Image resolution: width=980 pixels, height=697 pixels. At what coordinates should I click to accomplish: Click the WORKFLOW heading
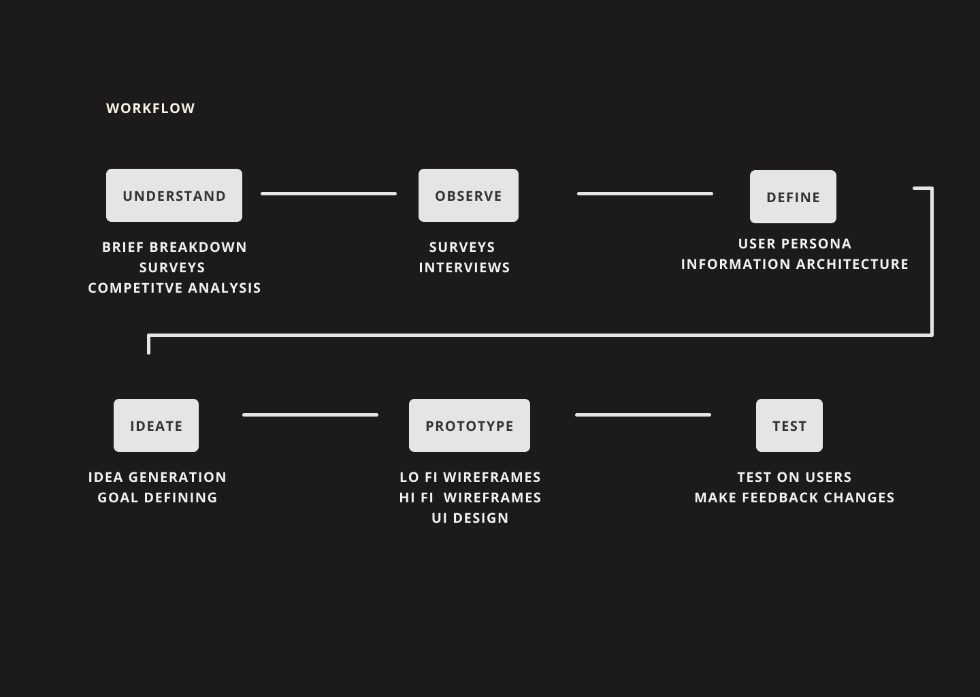point(150,108)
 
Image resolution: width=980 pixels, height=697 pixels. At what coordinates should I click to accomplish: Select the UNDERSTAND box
point(174,195)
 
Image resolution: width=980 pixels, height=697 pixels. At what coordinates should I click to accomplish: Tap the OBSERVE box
point(468,195)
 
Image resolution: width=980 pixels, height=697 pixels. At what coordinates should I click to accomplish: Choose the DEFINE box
point(793,197)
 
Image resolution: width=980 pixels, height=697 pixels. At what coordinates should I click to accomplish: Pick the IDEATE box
point(156,425)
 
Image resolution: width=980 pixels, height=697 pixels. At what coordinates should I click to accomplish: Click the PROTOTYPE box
point(470,425)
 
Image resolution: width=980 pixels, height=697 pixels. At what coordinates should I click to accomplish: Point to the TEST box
point(789,425)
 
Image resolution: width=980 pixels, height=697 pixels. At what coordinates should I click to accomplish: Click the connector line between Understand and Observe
point(329,194)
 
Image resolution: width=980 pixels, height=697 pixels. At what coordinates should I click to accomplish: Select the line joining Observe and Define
point(645,194)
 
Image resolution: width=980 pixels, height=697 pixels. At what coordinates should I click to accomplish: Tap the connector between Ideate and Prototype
point(310,415)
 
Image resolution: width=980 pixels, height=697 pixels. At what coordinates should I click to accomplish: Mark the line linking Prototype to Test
point(643,415)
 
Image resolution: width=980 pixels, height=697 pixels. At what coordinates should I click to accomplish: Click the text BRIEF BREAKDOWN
point(174,247)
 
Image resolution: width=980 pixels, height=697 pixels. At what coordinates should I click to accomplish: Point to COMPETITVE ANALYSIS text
point(174,288)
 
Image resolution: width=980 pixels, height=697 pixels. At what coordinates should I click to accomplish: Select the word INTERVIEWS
point(464,268)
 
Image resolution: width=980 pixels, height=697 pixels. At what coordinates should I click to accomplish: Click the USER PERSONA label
point(794,244)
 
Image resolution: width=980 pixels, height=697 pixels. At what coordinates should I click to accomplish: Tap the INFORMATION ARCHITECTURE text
point(794,264)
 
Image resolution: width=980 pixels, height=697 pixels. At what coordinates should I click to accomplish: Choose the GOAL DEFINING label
point(157,498)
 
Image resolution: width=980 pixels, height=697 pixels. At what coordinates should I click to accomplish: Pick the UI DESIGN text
point(470,518)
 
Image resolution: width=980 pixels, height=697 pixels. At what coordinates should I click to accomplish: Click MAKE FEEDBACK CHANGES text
point(794,498)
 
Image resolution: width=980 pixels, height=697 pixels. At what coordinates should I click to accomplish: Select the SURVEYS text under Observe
point(462,247)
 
